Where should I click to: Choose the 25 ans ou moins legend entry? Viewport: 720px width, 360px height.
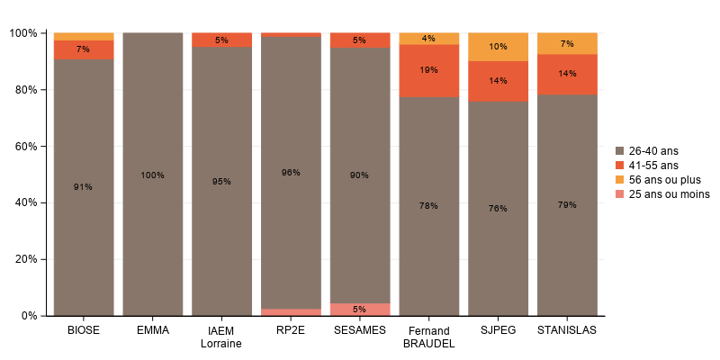[x=661, y=193]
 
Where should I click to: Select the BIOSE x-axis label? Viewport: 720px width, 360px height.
[x=84, y=330]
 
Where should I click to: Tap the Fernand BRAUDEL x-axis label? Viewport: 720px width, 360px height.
[x=428, y=337]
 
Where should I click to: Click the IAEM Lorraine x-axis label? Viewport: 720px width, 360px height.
[x=221, y=337]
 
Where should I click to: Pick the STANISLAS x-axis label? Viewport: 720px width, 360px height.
[x=567, y=330]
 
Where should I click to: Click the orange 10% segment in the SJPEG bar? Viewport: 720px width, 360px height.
[x=498, y=47]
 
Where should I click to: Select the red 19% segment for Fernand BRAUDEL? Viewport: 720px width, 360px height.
[x=428, y=70]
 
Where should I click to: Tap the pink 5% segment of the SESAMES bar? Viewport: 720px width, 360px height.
[x=359, y=310]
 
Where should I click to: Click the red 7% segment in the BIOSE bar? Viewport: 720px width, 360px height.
[x=84, y=49]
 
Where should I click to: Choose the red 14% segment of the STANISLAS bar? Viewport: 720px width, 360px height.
[x=567, y=74]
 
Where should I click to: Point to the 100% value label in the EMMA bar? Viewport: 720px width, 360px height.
[x=153, y=175]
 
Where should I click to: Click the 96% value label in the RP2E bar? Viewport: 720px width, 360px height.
[x=291, y=173]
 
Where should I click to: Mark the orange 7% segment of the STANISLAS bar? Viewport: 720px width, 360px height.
[x=567, y=43]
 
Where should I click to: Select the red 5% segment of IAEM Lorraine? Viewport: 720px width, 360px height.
[x=221, y=40]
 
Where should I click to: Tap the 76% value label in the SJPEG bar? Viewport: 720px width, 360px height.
[x=498, y=209]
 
